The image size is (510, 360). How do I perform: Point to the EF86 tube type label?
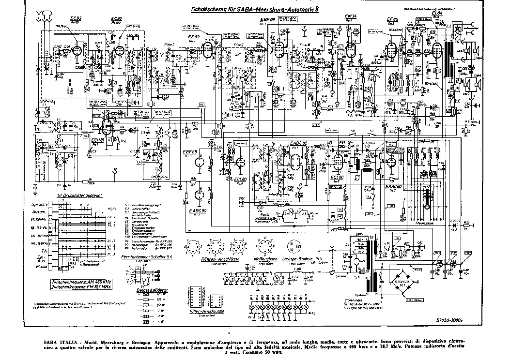393,19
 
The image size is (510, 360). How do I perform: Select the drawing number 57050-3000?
450,320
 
